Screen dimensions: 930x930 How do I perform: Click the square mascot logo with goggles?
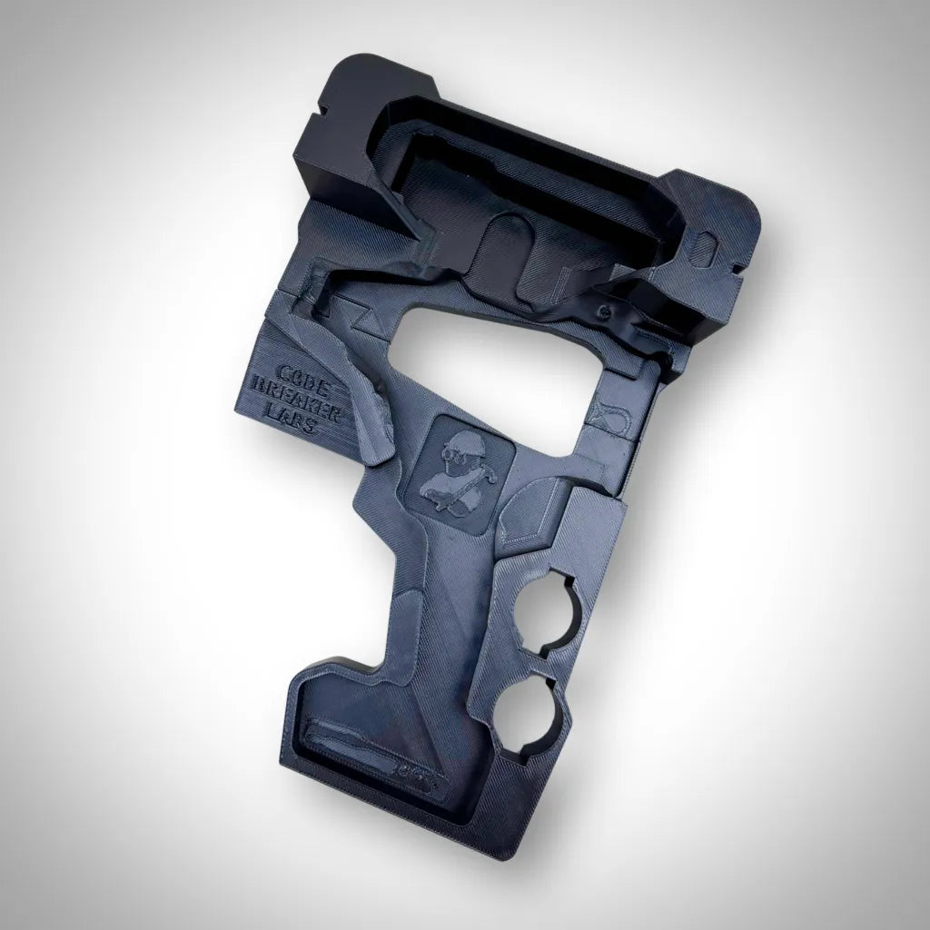(461, 465)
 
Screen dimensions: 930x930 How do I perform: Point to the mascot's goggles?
(450, 451)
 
